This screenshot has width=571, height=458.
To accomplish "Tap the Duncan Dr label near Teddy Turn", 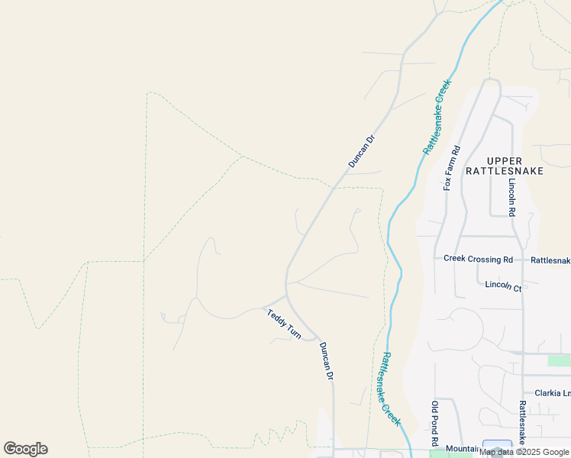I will coord(327,361).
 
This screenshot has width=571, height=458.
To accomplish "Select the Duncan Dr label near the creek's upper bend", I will coord(362,151).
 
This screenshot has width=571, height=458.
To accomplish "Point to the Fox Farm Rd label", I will coord(453,167).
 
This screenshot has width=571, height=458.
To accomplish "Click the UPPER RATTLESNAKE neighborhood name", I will coord(505,166).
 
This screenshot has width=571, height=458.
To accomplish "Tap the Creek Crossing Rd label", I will coord(478,259).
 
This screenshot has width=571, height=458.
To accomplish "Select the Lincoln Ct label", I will coord(503,286).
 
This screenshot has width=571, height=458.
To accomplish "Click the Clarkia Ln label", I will coord(553,393).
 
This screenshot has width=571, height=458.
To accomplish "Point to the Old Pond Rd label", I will coord(435,424).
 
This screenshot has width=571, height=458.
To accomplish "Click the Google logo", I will coord(26,449).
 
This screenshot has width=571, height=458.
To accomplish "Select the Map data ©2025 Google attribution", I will coord(524,452).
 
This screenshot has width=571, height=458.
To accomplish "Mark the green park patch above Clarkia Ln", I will coord(559,360).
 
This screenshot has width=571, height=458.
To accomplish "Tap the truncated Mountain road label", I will coord(462,449).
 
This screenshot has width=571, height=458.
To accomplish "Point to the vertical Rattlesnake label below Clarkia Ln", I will coord(522,424).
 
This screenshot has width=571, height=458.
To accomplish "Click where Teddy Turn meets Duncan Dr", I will coord(286,295).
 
